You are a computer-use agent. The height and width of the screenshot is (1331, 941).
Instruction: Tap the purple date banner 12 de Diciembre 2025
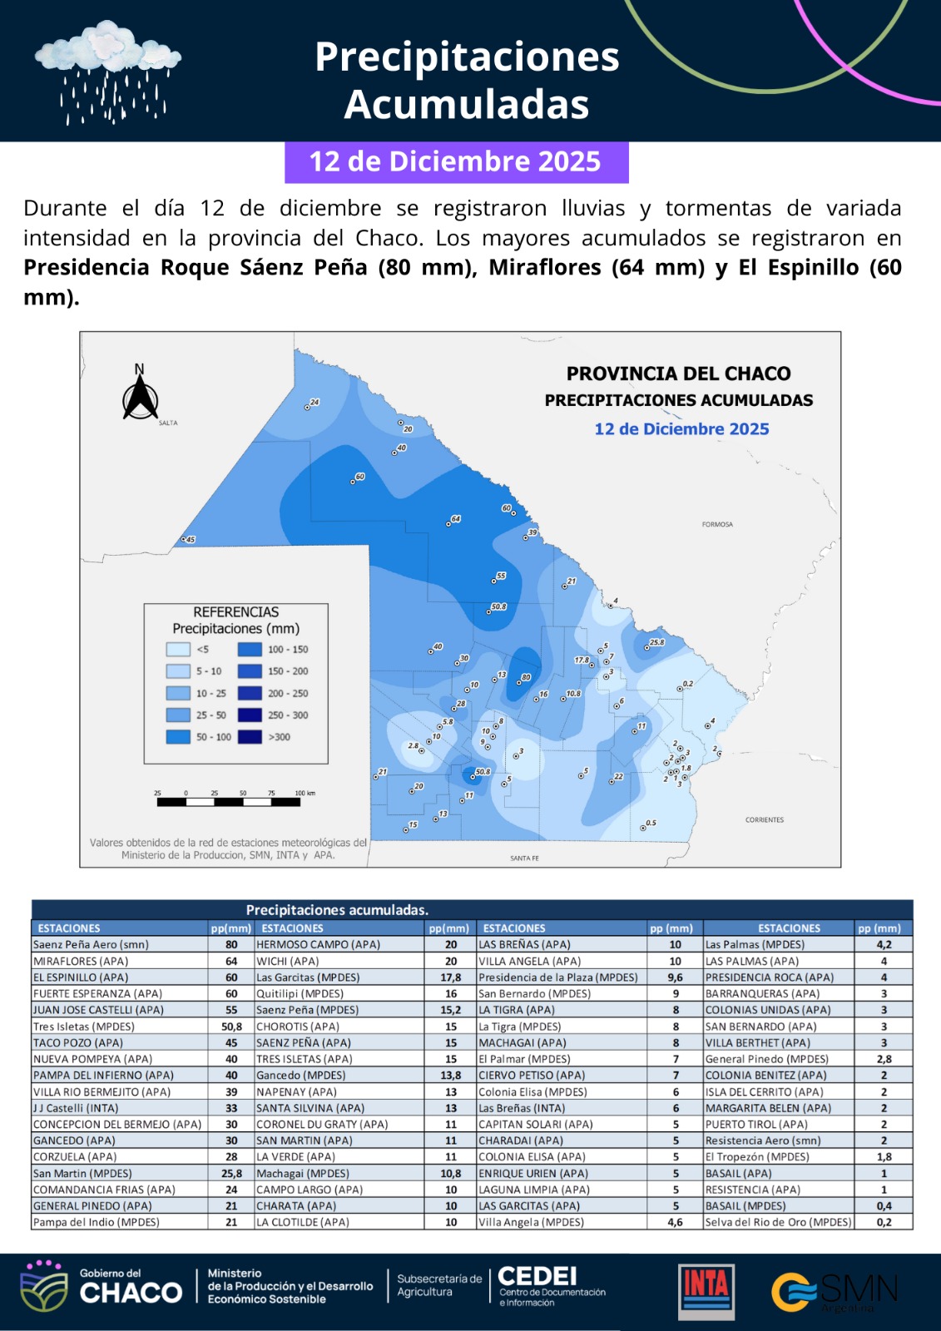point(456,161)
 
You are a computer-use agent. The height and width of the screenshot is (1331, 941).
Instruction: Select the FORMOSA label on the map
point(717,525)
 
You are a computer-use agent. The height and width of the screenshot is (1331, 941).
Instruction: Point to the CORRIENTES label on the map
point(764,820)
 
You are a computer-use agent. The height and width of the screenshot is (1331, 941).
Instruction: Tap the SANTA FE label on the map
point(524,858)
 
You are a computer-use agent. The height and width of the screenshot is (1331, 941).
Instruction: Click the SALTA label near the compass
point(168,423)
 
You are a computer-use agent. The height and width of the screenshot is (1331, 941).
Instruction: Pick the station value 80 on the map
point(526,678)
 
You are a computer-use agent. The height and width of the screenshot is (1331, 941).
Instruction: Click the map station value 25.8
point(656,642)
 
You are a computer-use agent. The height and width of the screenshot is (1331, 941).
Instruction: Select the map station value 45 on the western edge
point(190,540)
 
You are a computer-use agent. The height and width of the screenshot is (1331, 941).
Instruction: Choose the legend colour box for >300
point(250,737)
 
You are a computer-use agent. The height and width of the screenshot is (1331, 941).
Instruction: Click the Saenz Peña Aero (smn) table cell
point(92,945)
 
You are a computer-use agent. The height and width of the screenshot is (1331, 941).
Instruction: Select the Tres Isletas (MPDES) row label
point(84,1027)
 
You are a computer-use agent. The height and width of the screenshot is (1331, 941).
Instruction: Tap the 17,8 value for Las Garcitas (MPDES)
point(450,977)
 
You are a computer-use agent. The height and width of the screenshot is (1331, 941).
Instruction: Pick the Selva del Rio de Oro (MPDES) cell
point(778,1222)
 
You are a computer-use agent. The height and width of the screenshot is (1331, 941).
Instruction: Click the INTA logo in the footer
point(706,1292)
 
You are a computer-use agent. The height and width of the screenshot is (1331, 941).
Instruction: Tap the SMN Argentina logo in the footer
point(835,1292)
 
